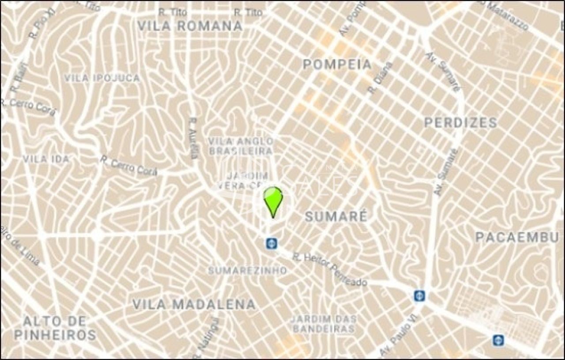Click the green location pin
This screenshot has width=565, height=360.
[x=273, y=200]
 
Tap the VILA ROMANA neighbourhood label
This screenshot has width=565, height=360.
[x=190, y=26]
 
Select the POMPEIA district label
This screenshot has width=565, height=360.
[x=337, y=64]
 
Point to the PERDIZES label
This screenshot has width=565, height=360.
[x=460, y=122]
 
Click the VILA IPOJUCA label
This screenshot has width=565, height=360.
[x=102, y=78]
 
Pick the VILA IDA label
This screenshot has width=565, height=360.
[x=46, y=159]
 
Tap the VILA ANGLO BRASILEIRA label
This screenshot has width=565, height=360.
[x=241, y=146]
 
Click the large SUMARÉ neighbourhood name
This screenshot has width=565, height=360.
[x=336, y=216]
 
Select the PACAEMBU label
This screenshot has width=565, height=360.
[x=517, y=237]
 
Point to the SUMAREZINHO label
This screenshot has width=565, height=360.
[x=247, y=270]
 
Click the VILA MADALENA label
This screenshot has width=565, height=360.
[x=194, y=304]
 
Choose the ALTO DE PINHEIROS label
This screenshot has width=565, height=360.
[x=55, y=328]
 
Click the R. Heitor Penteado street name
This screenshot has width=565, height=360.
[x=330, y=269]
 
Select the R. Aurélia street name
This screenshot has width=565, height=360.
[x=192, y=138]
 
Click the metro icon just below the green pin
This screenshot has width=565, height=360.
[x=271, y=243]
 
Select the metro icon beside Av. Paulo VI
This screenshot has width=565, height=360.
[x=419, y=296]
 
